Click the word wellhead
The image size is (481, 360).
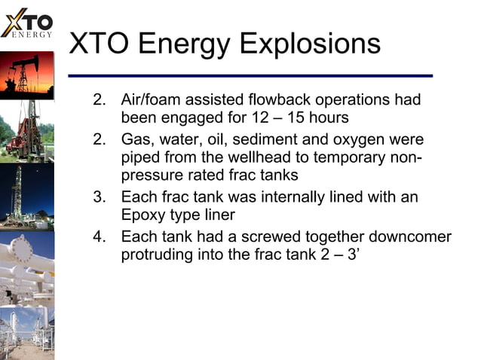tap(244, 159)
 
